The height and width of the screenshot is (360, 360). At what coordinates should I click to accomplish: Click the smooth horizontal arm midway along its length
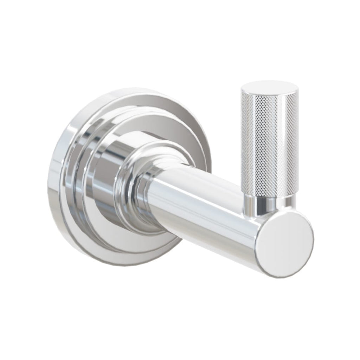pyautogui.click(x=204, y=207)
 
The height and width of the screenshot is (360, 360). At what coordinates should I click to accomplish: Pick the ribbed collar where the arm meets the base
pyautogui.click(x=141, y=190)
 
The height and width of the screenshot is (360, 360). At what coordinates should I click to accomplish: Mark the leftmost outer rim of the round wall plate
pyautogui.click(x=49, y=176)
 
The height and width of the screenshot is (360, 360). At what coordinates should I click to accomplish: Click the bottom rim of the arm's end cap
pyautogui.click(x=281, y=276)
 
